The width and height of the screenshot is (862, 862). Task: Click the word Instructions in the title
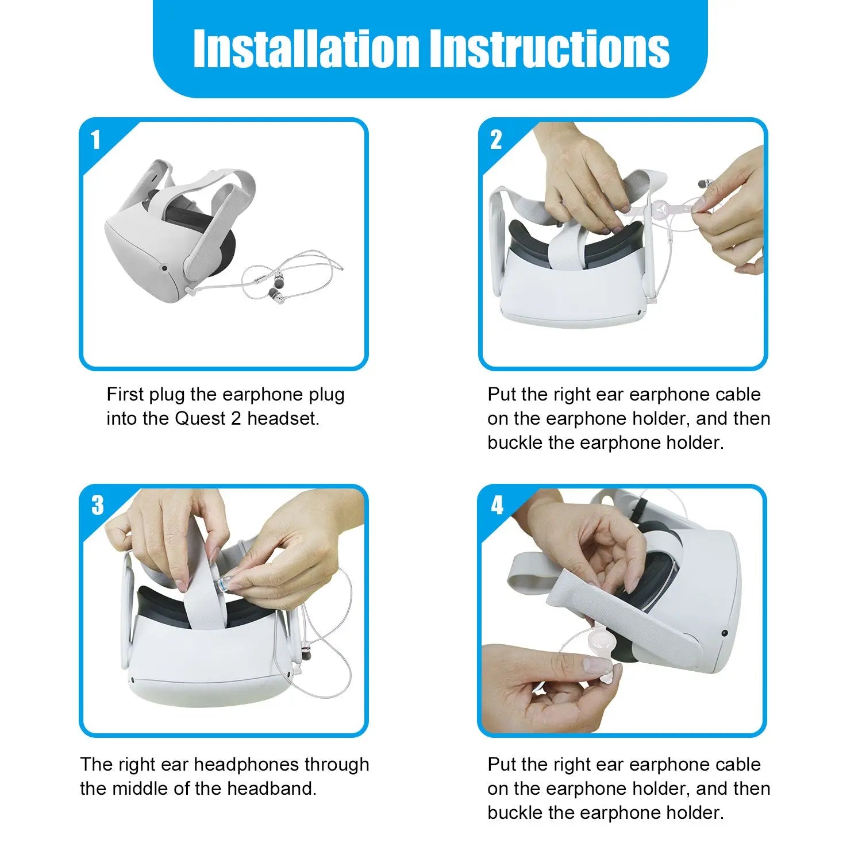click(x=550, y=48)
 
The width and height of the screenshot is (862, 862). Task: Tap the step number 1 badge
click(x=95, y=140)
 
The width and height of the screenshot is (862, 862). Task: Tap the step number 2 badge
click(x=496, y=140)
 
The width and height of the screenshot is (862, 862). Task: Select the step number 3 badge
click(x=98, y=505)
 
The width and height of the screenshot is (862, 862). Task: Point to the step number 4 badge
click(x=497, y=505)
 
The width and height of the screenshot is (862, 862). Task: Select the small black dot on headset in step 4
click(x=724, y=633)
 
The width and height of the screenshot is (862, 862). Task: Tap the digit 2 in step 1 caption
click(x=236, y=418)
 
